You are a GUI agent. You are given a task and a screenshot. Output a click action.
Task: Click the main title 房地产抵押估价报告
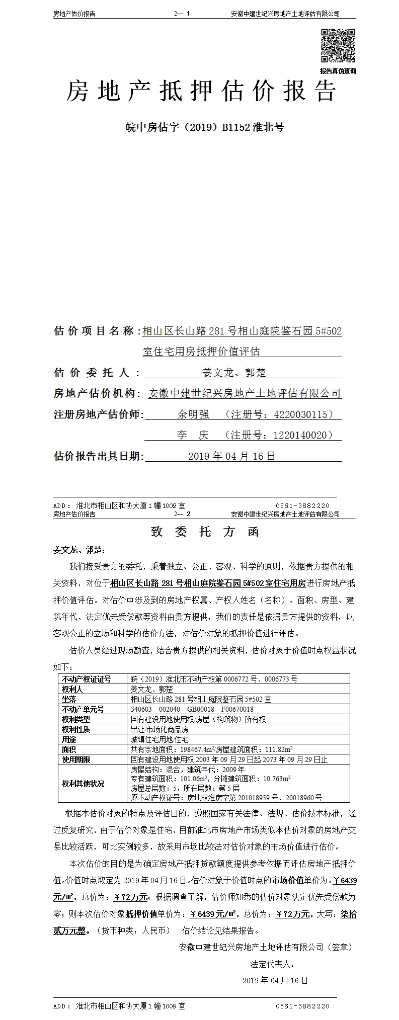[x=201, y=92]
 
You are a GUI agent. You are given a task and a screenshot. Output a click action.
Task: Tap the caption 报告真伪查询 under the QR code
[x=338, y=71]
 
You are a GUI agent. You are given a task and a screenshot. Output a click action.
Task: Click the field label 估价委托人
[x=91, y=373]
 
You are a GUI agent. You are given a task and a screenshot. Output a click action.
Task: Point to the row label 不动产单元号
[x=83, y=709]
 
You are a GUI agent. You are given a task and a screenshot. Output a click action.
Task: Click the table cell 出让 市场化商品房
[x=159, y=729]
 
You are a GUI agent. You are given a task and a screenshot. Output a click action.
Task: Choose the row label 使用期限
[x=76, y=759]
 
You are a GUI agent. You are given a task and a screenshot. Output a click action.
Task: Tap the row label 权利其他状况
[x=83, y=784]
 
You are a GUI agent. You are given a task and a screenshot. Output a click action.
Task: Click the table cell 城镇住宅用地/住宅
[x=159, y=739]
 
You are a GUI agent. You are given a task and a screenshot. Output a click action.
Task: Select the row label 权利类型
[x=76, y=719]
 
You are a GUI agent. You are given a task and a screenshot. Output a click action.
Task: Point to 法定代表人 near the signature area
[x=272, y=965]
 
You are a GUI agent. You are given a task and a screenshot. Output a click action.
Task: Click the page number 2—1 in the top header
[x=182, y=14]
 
